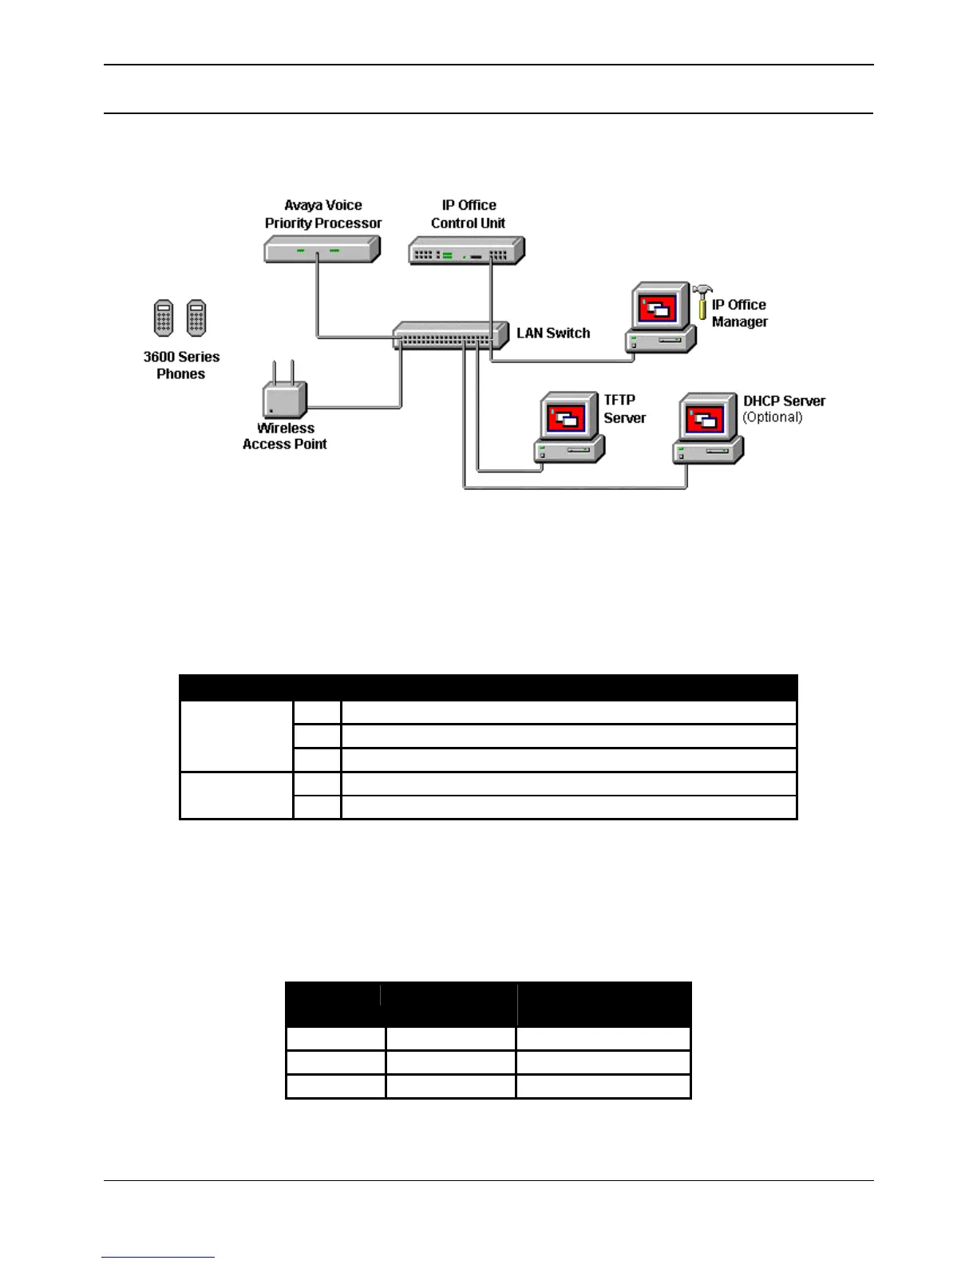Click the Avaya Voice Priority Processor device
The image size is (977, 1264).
click(x=322, y=251)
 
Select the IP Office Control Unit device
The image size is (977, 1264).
click(x=466, y=251)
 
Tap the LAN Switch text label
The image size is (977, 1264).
click(x=553, y=334)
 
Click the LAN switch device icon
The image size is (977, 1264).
click(x=450, y=335)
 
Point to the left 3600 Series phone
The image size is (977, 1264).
click(x=164, y=318)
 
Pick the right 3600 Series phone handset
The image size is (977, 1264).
click(x=196, y=318)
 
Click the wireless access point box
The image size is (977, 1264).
click(x=284, y=398)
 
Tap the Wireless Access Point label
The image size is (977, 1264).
click(x=285, y=436)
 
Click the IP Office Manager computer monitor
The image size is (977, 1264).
click(x=659, y=306)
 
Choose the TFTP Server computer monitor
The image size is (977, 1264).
click(x=568, y=416)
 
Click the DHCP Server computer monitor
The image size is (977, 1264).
click(x=706, y=417)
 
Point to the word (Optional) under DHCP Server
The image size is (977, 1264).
click(x=773, y=417)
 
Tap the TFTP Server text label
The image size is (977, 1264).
click(x=624, y=409)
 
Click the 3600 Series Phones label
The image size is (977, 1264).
click(x=181, y=365)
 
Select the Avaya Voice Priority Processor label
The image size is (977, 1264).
click(x=323, y=214)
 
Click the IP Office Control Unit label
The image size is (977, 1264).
click(x=469, y=214)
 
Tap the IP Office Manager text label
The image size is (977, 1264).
click(x=739, y=313)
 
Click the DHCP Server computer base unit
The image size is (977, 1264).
click(x=707, y=452)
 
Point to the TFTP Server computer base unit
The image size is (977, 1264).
click(x=569, y=452)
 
